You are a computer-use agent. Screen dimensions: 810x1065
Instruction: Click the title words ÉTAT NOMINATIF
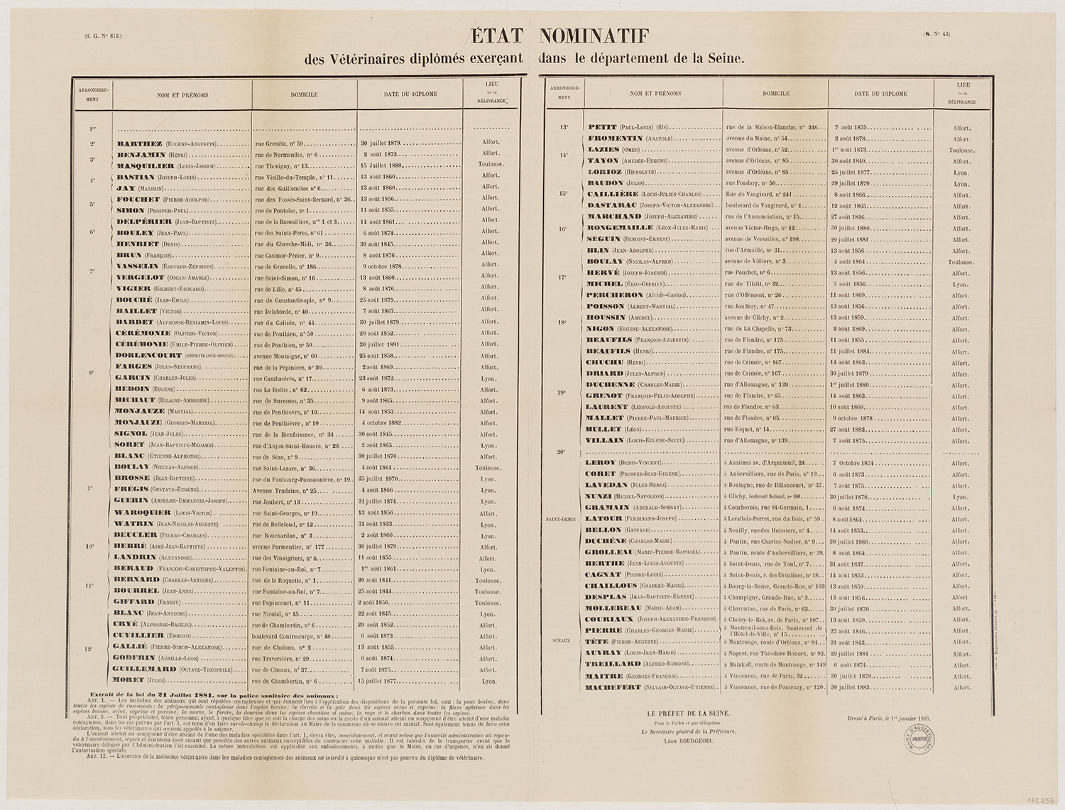tap(558, 35)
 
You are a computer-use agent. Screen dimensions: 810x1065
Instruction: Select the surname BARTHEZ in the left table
tap(140, 143)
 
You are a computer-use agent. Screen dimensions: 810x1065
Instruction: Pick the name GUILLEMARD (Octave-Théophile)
tap(174, 669)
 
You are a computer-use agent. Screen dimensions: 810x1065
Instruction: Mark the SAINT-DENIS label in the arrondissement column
tap(559, 520)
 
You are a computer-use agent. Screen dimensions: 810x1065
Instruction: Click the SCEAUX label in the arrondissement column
tap(561, 640)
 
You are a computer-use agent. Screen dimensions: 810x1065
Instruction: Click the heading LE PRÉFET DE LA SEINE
tap(688, 712)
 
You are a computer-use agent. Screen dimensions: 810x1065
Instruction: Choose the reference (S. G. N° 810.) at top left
tap(103, 35)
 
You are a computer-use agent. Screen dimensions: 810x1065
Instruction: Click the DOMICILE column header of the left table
tap(304, 94)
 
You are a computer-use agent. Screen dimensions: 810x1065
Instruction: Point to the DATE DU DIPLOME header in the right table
tap(880, 94)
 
